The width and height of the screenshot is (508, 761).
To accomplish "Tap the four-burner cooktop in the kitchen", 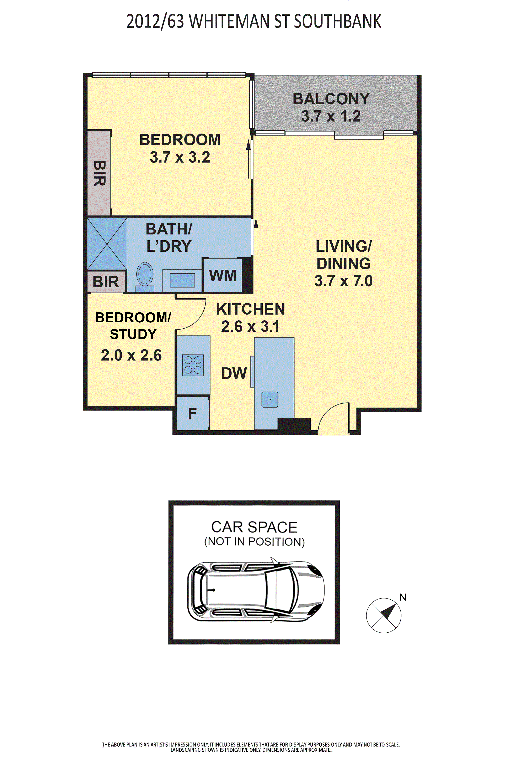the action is (193, 365).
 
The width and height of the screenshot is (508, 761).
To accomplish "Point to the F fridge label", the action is (192, 413).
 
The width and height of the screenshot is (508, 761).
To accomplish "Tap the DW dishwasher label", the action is (234, 373).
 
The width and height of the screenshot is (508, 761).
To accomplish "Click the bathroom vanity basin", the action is (182, 280).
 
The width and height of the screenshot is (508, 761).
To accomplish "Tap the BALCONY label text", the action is (331, 99).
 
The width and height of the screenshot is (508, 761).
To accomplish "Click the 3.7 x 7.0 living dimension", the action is (343, 281).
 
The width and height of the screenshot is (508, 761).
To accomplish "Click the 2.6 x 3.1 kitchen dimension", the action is (250, 326).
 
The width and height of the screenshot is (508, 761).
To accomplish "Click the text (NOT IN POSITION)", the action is (254, 542).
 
